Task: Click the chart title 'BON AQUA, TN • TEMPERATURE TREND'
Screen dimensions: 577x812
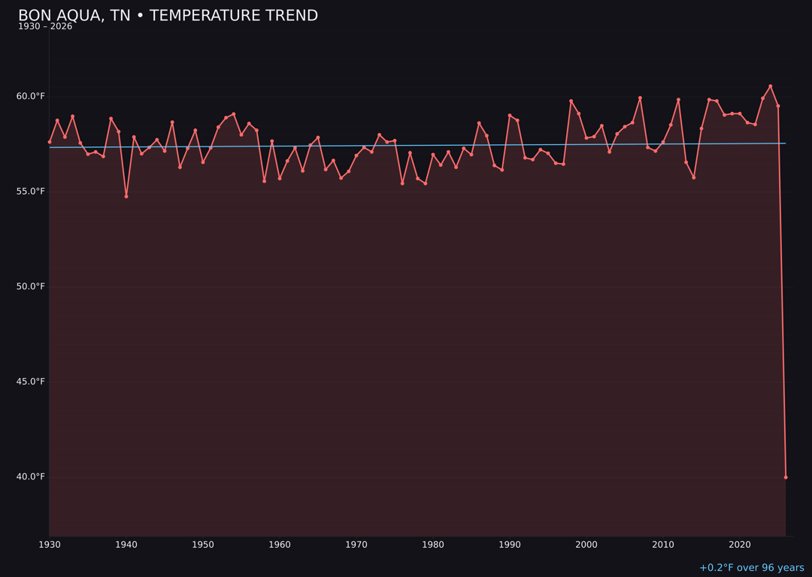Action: pos(168,16)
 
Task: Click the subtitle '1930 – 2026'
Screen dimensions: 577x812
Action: pos(45,27)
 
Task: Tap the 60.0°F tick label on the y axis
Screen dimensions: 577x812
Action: pos(31,96)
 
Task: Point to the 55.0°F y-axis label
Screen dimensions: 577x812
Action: pos(31,192)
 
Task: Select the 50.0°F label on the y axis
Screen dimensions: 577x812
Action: pos(31,286)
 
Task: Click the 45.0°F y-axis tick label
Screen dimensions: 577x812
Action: pos(31,382)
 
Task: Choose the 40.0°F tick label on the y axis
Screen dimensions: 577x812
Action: pos(31,476)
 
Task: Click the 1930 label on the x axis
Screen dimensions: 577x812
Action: pos(50,545)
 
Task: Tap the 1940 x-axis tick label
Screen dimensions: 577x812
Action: pos(126,545)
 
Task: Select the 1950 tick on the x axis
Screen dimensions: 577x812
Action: pos(203,545)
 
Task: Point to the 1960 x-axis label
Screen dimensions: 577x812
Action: pos(280,545)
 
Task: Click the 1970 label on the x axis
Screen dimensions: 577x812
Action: pos(356,545)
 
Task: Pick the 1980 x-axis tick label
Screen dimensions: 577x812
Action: pos(433,545)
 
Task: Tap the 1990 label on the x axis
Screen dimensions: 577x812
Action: pos(510,545)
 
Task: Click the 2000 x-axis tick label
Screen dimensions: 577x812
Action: pos(586,545)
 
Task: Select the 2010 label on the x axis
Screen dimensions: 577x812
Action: pos(663,545)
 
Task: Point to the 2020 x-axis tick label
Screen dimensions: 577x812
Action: pos(740,545)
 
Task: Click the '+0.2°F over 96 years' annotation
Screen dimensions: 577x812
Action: pos(751,568)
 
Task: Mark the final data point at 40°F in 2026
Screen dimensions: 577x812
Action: pos(786,477)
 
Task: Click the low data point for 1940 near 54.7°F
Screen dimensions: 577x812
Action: pos(126,196)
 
